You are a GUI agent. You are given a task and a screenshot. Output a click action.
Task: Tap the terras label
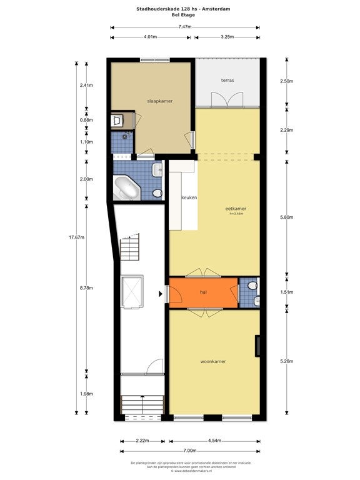tap(227, 81)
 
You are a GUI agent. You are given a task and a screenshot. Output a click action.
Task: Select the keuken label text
tap(189, 197)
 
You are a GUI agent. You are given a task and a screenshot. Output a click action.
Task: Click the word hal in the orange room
tap(203, 292)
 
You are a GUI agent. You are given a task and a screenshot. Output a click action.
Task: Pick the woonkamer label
tap(213, 361)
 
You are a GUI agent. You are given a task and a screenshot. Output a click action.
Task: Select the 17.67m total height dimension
tap(74, 237)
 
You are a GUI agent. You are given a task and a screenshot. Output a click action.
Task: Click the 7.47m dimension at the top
tap(184, 27)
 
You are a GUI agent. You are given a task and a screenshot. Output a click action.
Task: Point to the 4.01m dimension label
tap(150, 37)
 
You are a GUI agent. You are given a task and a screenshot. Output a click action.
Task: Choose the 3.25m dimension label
tap(227, 37)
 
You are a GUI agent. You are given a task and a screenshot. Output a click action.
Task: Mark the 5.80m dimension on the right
tap(287, 217)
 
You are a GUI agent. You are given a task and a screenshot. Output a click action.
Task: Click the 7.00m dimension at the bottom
tap(190, 451)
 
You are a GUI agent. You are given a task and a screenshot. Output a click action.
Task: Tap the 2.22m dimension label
tap(142, 441)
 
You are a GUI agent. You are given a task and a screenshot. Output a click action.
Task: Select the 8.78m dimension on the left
tap(87, 288)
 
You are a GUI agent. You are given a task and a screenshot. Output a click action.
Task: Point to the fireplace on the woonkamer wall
tap(257, 346)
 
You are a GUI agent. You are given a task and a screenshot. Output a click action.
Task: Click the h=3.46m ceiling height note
tap(236, 214)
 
